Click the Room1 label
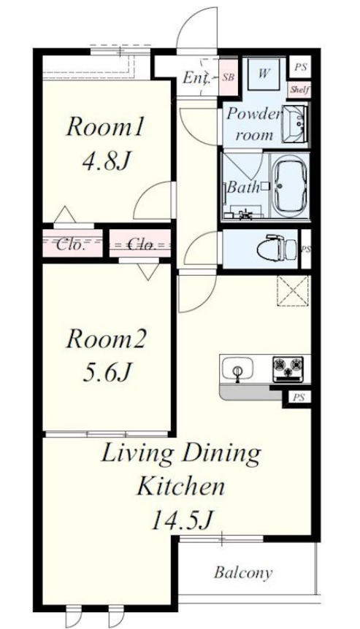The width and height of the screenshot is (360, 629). tap(104, 128)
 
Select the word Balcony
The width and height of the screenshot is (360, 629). tap(243, 572)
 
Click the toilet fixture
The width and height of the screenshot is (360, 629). tap(277, 248)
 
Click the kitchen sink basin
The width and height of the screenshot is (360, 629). tap(237, 368)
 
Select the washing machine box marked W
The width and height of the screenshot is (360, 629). tap(263, 74)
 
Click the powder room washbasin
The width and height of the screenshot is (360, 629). tap(296, 123)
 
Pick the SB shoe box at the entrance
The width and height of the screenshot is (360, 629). tap(228, 77)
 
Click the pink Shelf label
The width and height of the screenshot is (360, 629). tap(300, 90)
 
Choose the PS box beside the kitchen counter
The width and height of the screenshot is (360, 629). tap(298, 398)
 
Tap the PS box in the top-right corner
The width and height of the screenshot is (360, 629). tap(300, 67)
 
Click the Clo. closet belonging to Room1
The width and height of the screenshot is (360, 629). tap(72, 244)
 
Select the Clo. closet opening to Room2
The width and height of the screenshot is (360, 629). tap(140, 244)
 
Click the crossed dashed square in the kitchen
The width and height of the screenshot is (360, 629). tap(294, 291)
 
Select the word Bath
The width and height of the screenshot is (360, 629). tap(243, 188)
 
